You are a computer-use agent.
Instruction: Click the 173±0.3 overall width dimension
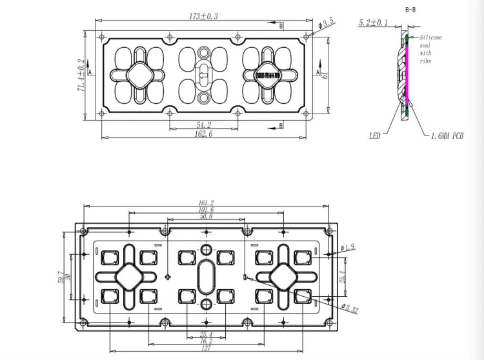pos(204,16)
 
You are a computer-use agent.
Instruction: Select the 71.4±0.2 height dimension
pos(81,75)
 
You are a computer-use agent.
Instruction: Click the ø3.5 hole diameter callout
pos(327,23)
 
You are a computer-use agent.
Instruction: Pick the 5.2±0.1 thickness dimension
pos(374,23)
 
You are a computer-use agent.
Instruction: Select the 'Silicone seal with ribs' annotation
pos(431,49)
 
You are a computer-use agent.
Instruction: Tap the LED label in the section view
pos(375,136)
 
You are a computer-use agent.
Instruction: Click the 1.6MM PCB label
pos(447,136)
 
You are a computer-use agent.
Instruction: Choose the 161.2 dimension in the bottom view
pos(207,203)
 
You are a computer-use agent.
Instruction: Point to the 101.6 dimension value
pos(207,210)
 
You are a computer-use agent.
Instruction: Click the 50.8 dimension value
pos(207,217)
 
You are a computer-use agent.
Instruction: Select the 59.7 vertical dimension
pos(61,277)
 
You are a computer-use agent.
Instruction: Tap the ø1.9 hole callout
pos(348,247)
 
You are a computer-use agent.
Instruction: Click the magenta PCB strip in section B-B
pos(408,71)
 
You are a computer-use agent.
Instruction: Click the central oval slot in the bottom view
pos(207,277)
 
